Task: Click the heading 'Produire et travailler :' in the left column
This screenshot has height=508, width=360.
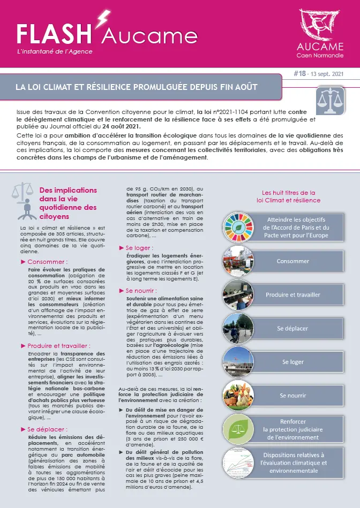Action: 59,346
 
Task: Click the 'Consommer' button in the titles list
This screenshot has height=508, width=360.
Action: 292,261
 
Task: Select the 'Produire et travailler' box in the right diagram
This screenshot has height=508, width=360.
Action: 292,294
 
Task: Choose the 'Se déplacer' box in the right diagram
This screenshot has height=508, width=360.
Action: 292,328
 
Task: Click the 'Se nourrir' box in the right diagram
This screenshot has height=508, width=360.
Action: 292,395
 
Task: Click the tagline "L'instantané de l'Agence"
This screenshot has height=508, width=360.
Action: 48,51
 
